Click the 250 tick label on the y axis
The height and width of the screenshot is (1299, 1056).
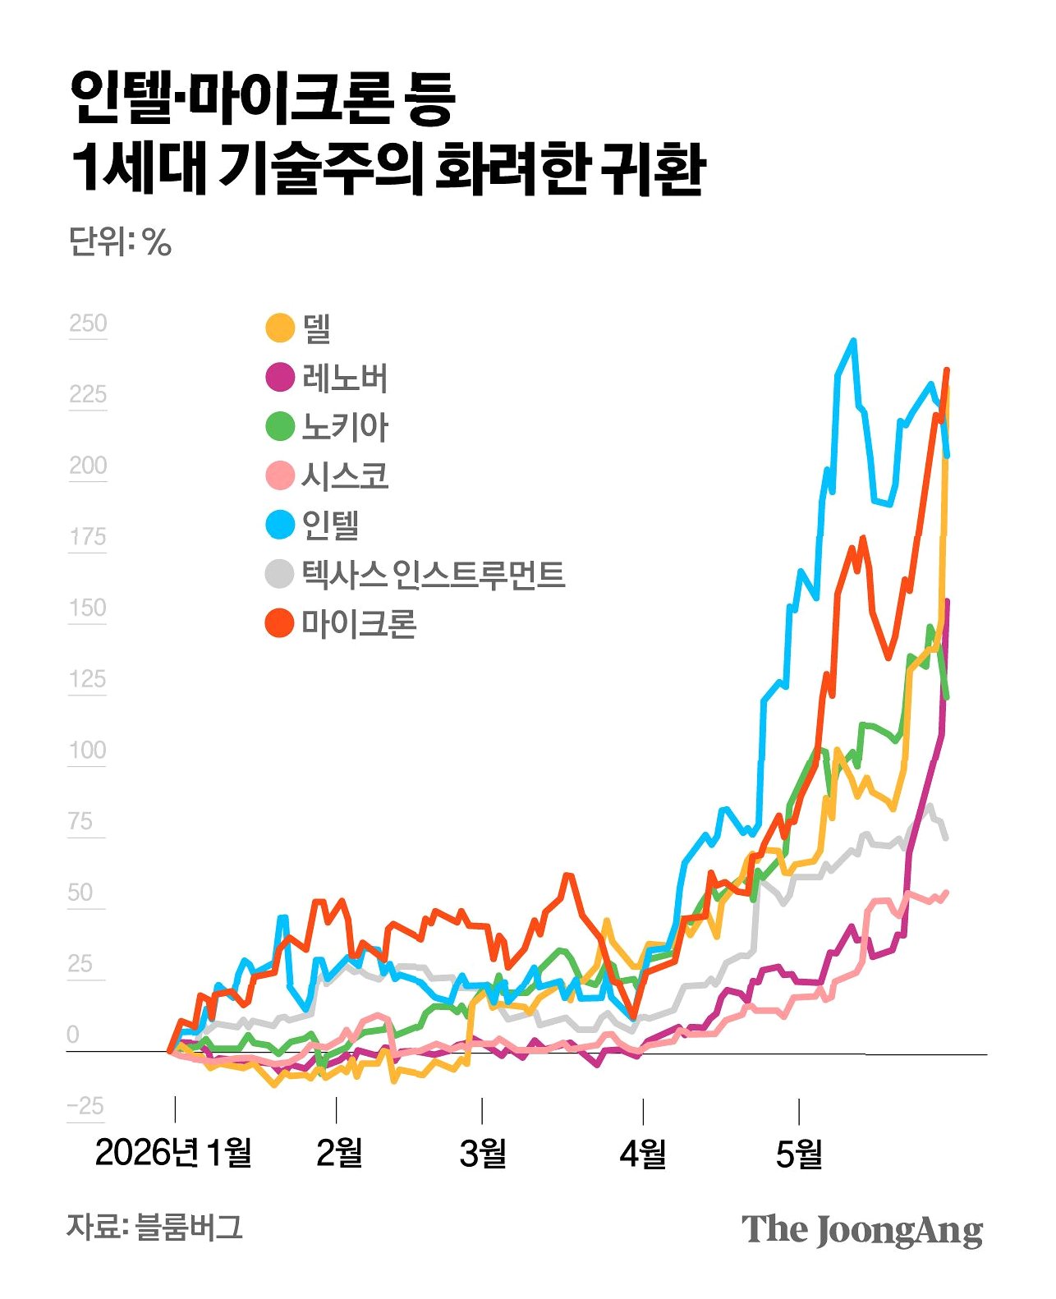(88, 323)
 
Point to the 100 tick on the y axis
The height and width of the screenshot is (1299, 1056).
(88, 750)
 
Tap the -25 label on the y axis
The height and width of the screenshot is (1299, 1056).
(85, 1106)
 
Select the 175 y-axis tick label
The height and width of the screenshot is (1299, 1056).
(88, 537)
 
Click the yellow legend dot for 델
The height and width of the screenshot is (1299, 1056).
(281, 328)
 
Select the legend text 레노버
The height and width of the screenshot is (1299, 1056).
(345, 378)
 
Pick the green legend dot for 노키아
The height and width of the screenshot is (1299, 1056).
(281, 426)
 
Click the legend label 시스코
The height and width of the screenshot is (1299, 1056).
(345, 475)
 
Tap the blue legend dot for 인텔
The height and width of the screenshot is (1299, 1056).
(281, 525)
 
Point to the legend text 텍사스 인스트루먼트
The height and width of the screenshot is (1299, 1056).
(434, 574)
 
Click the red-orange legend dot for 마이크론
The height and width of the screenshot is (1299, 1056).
(281, 622)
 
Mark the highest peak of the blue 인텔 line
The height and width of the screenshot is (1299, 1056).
(853, 341)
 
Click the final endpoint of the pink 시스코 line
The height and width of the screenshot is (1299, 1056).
(946, 892)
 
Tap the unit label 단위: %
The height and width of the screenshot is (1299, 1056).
(120, 241)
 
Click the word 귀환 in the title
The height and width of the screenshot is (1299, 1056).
(652, 169)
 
